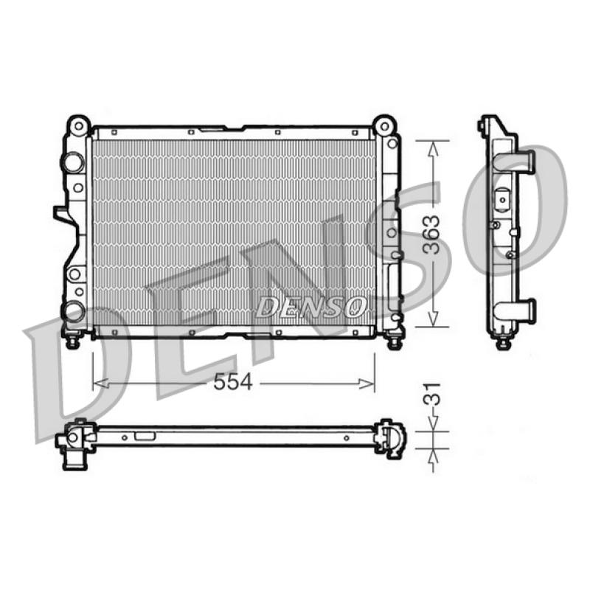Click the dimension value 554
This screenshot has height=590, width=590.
(232, 383)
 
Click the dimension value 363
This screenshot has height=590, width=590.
(431, 235)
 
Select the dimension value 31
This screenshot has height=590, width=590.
(431, 394)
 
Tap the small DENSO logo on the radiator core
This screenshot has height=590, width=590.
(310, 306)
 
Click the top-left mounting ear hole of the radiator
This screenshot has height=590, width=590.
(78, 125)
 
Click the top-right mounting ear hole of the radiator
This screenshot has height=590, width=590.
(384, 125)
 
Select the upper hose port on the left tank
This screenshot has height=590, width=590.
(73, 162)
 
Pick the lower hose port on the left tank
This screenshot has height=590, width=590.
(73, 312)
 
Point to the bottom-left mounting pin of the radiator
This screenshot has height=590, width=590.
(72, 341)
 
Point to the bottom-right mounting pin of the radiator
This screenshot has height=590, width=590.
(394, 341)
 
